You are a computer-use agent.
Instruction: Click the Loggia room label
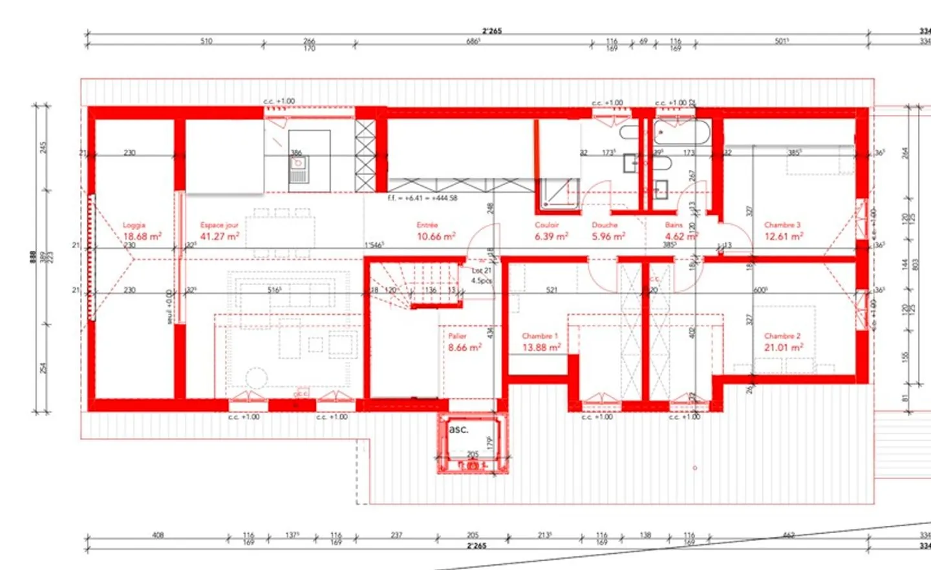point(134,225)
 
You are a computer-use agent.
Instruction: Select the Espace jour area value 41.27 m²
point(219,237)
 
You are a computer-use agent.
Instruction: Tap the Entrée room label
point(427,225)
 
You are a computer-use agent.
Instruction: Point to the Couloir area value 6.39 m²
point(551,237)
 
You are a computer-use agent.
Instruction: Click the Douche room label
point(605,225)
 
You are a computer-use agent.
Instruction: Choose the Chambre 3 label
point(782,225)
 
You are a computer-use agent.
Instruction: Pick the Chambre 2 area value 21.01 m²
point(784,348)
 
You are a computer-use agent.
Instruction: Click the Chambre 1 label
point(540,336)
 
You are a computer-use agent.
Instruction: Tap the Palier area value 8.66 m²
point(465,348)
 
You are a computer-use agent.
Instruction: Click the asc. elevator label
point(458,429)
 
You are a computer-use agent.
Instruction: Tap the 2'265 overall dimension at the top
point(491,30)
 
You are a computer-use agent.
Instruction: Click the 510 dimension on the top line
point(206,41)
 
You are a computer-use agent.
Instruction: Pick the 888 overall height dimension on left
point(33,257)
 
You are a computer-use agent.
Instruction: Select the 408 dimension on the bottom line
point(158,535)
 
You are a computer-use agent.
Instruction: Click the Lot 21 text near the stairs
point(482,271)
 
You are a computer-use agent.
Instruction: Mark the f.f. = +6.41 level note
point(422,198)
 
